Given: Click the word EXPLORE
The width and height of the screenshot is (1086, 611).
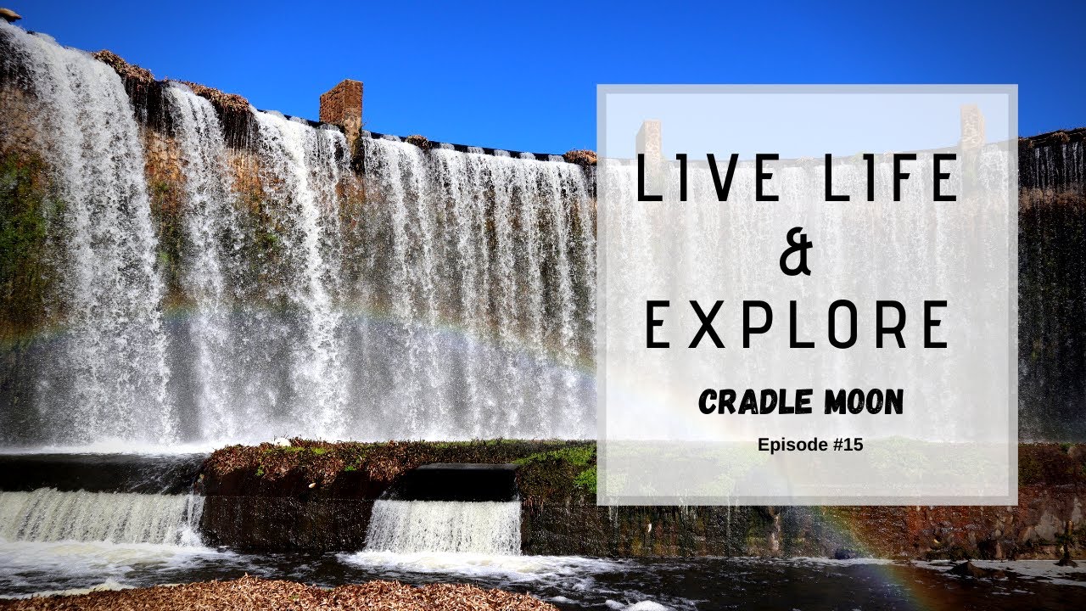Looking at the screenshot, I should click(x=797, y=324).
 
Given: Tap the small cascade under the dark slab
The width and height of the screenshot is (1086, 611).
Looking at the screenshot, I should click(x=444, y=526).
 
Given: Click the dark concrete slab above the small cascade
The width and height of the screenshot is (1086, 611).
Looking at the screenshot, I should click(x=459, y=481).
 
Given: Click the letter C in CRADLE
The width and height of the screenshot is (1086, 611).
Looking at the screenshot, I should click(x=709, y=403).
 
